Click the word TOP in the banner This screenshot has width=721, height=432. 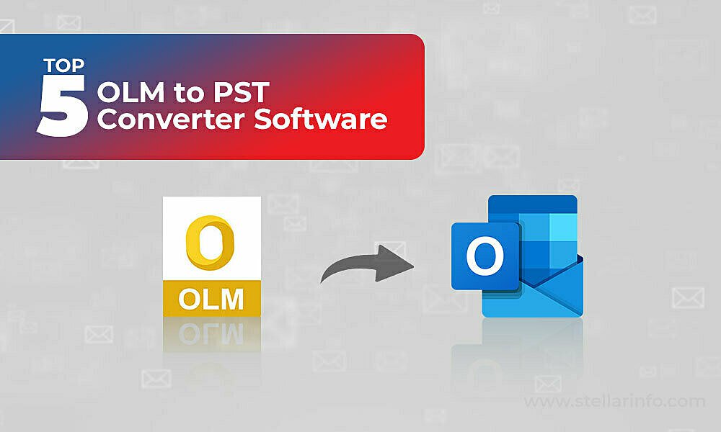(x=64, y=66)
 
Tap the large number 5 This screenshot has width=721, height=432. (x=62, y=106)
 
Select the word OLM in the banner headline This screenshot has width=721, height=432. (x=131, y=92)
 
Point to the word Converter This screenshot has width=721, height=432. (x=171, y=119)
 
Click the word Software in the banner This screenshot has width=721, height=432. (x=321, y=119)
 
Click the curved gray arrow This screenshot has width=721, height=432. (x=363, y=266)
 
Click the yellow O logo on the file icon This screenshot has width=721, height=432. (x=210, y=243)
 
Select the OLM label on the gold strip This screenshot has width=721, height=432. (x=211, y=300)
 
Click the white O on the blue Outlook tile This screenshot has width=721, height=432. (x=485, y=256)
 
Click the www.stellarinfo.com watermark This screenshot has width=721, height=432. (x=614, y=402)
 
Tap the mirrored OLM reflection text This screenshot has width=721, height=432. (x=211, y=334)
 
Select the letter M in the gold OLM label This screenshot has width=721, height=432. (x=232, y=300)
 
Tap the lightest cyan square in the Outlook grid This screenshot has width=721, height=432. (x=563, y=227)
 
